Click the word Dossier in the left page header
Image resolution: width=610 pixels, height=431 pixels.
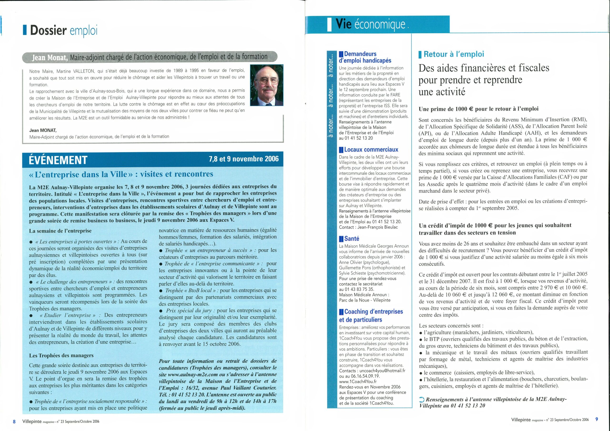[48, 30]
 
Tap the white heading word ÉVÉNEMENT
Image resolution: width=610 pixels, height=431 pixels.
[58, 160]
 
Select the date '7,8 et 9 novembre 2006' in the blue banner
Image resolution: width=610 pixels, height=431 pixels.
[244, 159]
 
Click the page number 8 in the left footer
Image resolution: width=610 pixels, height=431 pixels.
[14, 421]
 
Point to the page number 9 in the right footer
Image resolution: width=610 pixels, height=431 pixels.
[596, 419]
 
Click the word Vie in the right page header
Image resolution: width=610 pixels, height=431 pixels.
[344, 24]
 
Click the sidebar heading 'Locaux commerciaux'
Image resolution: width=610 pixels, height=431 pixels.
[371, 150]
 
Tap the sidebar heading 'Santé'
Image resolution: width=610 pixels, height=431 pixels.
[351, 238]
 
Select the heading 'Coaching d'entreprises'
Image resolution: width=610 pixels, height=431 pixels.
[374, 311]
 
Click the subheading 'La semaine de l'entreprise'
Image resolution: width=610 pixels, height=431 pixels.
[60, 231]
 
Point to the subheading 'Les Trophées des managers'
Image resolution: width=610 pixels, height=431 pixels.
[61, 355]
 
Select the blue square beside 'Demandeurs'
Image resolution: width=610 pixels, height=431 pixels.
[341, 54]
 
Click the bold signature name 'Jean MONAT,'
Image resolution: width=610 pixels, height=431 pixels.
[43, 130]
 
